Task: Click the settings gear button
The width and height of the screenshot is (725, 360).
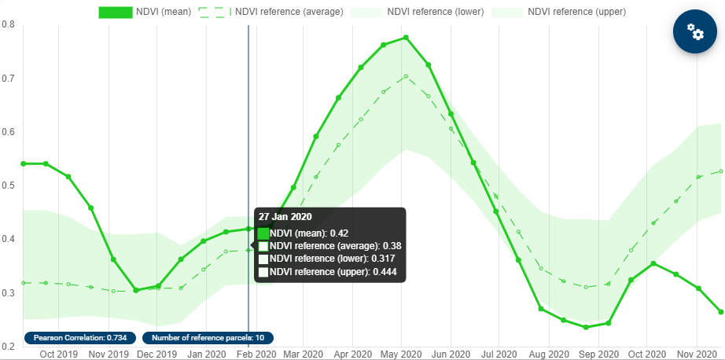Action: [x=694, y=31]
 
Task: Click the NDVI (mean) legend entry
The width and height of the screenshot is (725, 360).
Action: [x=145, y=12]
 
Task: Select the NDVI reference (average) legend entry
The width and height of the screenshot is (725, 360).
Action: [x=271, y=12]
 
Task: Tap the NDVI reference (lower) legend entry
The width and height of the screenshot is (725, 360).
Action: [x=417, y=12]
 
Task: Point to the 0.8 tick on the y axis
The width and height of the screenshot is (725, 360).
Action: [x=9, y=25]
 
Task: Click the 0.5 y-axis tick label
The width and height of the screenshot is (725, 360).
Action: [x=9, y=186]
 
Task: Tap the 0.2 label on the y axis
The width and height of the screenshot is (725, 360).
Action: [x=9, y=347]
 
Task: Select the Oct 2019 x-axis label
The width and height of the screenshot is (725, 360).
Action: [x=59, y=354]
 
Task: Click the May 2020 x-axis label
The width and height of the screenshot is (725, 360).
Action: [x=401, y=354]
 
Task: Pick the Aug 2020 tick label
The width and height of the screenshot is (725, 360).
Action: [x=548, y=354]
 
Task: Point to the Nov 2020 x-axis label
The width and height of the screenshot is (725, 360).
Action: [x=695, y=354]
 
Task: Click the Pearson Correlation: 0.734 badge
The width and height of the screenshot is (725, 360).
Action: [x=80, y=338]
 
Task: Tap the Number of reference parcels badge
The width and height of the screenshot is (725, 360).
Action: [x=208, y=338]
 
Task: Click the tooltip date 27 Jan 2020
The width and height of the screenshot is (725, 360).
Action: [x=285, y=216]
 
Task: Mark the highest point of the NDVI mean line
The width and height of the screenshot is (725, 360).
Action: [x=406, y=38]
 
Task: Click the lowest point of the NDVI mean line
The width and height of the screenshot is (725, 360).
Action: [x=587, y=327]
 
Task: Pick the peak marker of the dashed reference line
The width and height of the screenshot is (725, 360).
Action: [x=406, y=76]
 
